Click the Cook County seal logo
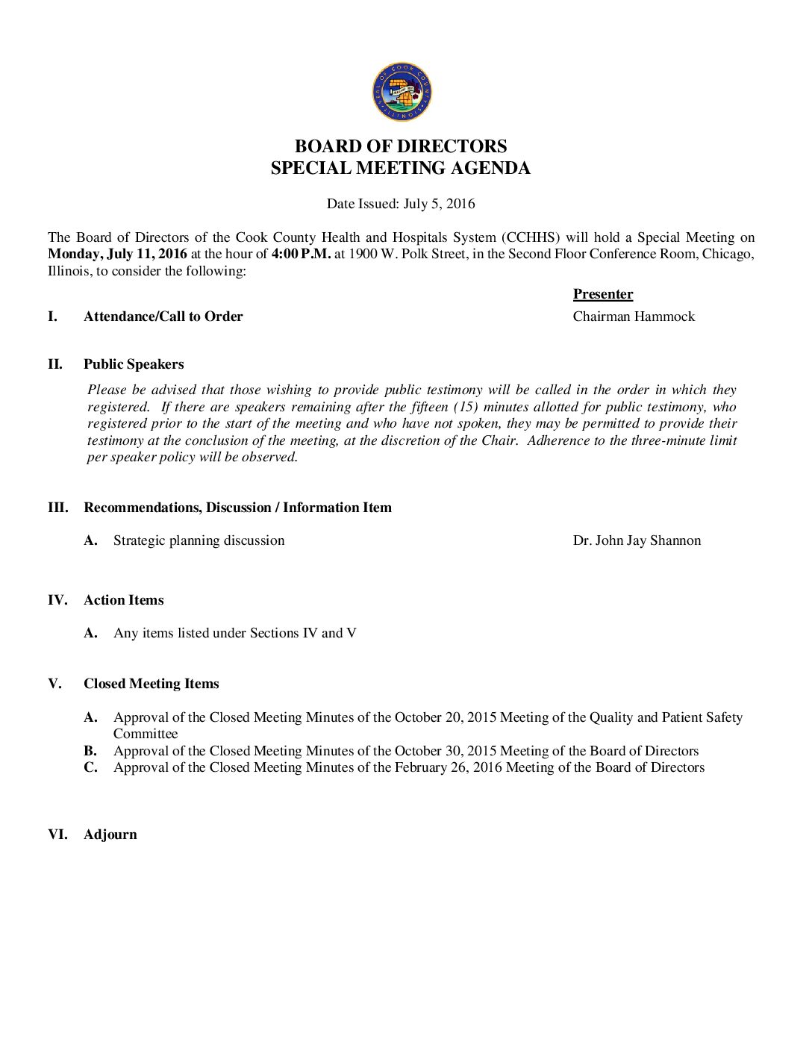(402, 92)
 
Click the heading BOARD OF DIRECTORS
(401, 146)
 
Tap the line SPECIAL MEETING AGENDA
(401, 168)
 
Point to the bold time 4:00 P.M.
(301, 254)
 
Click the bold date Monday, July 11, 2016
(117, 254)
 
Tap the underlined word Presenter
(603, 294)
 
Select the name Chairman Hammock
(634, 316)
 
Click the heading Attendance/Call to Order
(163, 316)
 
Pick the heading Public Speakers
(134, 364)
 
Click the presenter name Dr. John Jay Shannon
(637, 540)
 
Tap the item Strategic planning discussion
(199, 540)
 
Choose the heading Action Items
(123, 600)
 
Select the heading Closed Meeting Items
(151, 684)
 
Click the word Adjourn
(110, 835)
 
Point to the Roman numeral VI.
(57, 835)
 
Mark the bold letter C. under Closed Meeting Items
(91, 767)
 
